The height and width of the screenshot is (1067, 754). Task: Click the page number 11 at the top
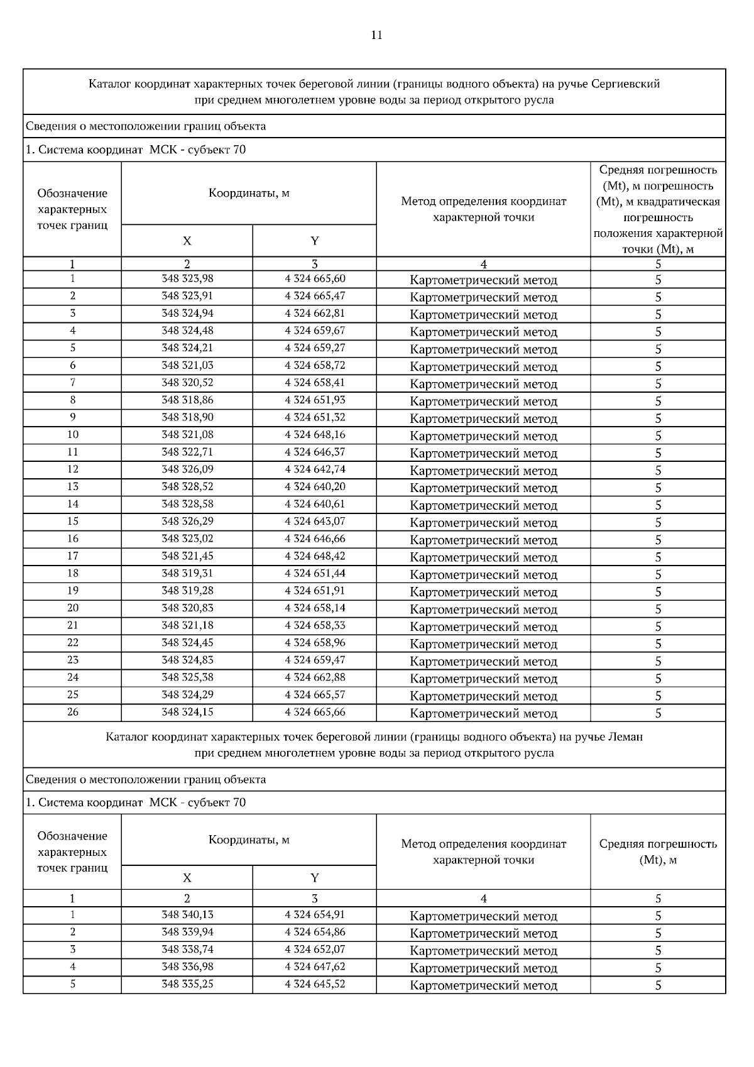click(376, 35)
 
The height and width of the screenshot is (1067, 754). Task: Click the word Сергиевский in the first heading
click(626, 84)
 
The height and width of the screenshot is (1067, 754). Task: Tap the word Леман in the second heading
click(625, 736)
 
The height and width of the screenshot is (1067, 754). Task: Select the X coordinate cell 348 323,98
click(187, 279)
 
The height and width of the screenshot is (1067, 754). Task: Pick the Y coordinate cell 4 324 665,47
click(315, 296)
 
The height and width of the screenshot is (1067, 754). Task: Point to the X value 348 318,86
click(187, 400)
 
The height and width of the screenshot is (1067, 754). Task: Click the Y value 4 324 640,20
click(315, 487)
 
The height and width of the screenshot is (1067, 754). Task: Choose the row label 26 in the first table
click(73, 713)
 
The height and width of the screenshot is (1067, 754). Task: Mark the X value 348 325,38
click(187, 677)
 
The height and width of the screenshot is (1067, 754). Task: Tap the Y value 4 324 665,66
click(315, 713)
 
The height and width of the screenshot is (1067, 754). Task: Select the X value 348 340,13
click(187, 915)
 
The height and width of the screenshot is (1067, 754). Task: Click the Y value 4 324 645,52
click(315, 984)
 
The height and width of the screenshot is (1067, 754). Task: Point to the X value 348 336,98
click(187, 967)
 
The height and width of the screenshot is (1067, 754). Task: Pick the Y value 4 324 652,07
click(315, 949)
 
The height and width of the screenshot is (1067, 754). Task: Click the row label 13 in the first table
click(73, 487)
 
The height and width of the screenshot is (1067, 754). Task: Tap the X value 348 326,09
click(187, 469)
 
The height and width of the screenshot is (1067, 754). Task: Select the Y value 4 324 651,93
click(315, 400)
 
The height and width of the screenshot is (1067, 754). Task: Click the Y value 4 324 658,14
click(315, 608)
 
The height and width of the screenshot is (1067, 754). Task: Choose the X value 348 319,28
click(187, 591)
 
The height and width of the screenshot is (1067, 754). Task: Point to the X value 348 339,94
click(187, 933)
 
